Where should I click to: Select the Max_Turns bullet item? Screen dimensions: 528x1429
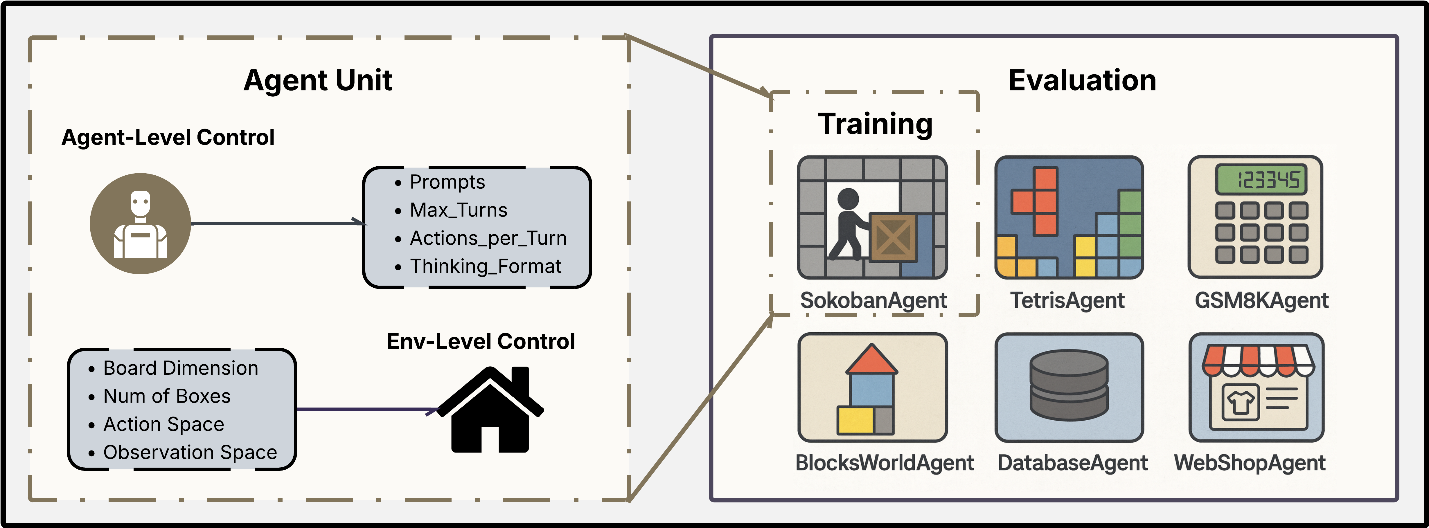[x=458, y=210]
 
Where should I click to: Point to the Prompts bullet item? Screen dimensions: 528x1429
[x=447, y=182]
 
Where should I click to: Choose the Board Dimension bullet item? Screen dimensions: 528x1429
[x=180, y=368]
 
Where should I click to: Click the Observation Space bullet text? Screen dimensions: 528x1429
[x=190, y=453]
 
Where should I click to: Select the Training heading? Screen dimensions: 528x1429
[x=875, y=124]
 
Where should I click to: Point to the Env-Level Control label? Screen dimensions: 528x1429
[x=480, y=342]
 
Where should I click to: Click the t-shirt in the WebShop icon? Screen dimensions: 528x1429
[x=1240, y=403]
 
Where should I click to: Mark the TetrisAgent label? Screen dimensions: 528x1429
[x=1067, y=301]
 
